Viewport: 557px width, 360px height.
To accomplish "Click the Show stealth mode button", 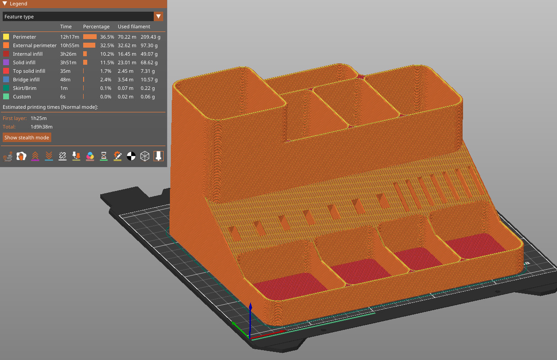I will (x=27, y=137).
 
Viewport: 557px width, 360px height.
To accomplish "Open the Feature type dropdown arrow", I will (x=158, y=17).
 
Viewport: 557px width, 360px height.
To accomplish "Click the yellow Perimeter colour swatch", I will (x=6, y=37).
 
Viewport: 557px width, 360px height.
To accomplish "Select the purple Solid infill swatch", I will (x=6, y=62).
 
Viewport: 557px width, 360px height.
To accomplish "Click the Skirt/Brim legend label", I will (x=25, y=88).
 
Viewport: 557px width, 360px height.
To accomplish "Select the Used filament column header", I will (x=134, y=27).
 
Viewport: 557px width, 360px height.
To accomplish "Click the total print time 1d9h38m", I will (x=41, y=127).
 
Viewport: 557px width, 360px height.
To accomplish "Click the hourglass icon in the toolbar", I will (x=104, y=156).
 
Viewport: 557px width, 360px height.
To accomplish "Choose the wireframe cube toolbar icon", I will (x=145, y=156).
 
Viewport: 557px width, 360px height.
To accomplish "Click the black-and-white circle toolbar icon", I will (x=131, y=156).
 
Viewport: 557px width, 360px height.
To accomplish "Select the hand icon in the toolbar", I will (x=21, y=156).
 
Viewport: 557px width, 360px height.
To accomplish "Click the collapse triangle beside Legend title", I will (x=4, y=4).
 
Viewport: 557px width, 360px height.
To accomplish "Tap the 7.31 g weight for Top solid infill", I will (x=148, y=71).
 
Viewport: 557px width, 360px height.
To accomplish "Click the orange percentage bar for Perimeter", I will (x=90, y=37).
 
